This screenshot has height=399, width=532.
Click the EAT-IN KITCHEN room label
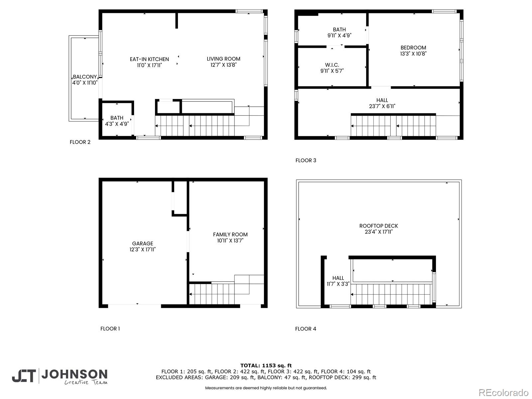(x=149, y=59)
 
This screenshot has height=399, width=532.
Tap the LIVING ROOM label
(x=223, y=59)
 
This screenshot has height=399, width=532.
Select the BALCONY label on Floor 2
(x=85, y=77)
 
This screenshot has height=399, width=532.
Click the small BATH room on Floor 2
(x=117, y=120)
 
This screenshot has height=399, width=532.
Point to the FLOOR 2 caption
(x=80, y=142)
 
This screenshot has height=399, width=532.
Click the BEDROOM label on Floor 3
(x=413, y=48)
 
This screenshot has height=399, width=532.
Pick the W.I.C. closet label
(x=332, y=65)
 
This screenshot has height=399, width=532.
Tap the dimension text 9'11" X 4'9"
(x=339, y=35)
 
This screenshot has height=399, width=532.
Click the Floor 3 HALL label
(x=382, y=100)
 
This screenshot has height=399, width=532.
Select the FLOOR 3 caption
(x=306, y=160)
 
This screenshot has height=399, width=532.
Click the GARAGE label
(x=143, y=243)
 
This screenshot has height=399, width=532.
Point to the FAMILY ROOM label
(x=230, y=234)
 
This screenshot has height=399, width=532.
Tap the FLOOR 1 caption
(x=110, y=329)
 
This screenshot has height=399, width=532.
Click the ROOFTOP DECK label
(x=378, y=226)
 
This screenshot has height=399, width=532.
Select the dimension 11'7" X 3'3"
(x=338, y=284)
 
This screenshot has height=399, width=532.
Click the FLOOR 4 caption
(x=306, y=329)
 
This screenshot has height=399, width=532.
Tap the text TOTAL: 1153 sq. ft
(x=266, y=365)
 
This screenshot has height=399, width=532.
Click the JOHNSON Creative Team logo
(x=60, y=376)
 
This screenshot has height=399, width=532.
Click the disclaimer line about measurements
(x=266, y=388)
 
